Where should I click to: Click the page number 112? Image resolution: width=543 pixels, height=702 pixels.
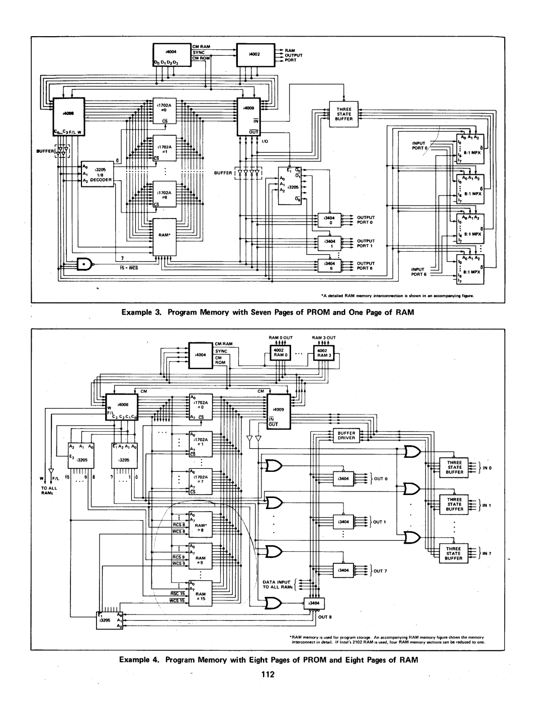[271, 675]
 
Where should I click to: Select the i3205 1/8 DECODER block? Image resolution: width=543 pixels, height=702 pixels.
[99, 174]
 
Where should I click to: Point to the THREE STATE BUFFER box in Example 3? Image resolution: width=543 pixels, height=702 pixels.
[344, 114]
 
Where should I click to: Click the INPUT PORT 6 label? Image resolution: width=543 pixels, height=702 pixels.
[419, 271]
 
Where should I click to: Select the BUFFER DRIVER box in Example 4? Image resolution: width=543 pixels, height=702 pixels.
[346, 435]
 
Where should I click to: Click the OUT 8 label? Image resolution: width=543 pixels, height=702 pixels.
[322, 616]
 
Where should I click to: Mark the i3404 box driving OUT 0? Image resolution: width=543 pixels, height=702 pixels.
[344, 478]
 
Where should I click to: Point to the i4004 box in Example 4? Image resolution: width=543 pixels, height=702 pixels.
[201, 355]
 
